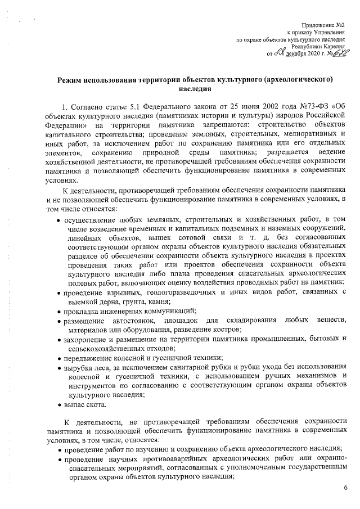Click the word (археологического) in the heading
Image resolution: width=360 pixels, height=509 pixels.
301,80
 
